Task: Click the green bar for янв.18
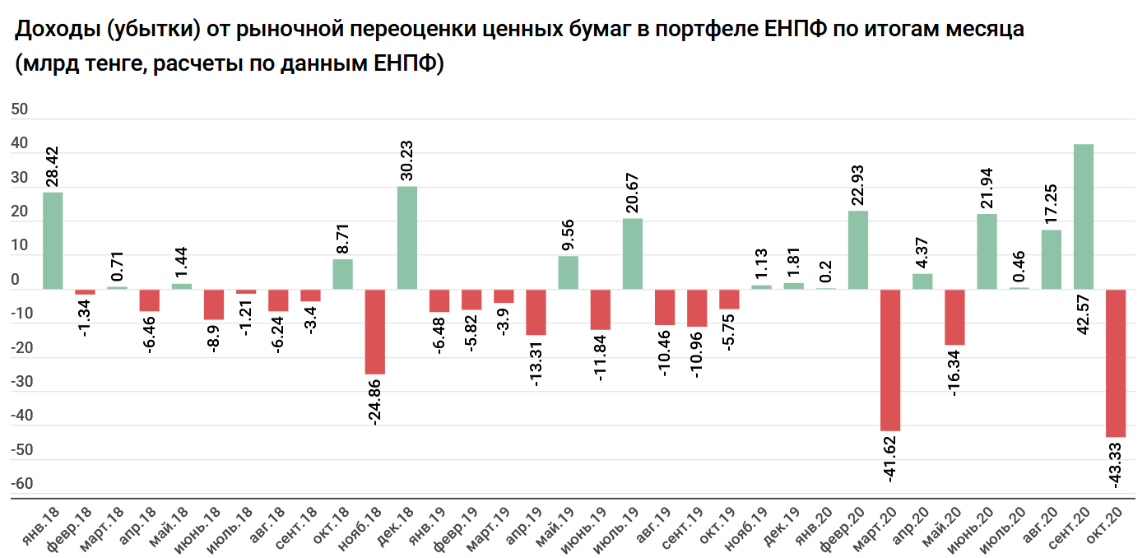53,240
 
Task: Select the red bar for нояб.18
375,331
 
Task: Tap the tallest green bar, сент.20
1084,216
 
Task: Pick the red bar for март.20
890,360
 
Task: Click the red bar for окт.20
1116,363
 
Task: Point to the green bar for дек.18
407,238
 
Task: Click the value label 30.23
408,160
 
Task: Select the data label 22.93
859,185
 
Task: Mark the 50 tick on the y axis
20,109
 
